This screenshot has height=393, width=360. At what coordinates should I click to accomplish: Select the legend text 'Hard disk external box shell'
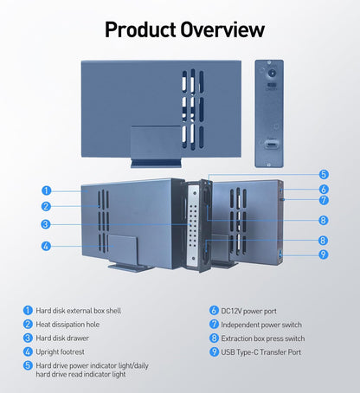coord(80,310)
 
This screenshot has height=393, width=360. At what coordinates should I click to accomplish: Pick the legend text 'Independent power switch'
coord(261,324)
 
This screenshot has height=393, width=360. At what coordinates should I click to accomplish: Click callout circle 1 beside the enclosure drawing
coord(46,190)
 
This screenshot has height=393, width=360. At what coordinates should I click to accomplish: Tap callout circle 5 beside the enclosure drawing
coord(323,174)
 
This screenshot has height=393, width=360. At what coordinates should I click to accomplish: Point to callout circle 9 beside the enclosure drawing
coord(323,254)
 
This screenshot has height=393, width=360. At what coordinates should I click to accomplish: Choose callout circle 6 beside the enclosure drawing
coord(323,189)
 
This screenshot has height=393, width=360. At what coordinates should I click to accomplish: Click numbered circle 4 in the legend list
coord(29,352)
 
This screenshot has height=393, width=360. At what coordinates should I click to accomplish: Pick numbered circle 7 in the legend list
coord(213,324)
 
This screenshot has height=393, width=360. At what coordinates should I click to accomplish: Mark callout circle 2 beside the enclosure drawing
coord(46,206)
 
